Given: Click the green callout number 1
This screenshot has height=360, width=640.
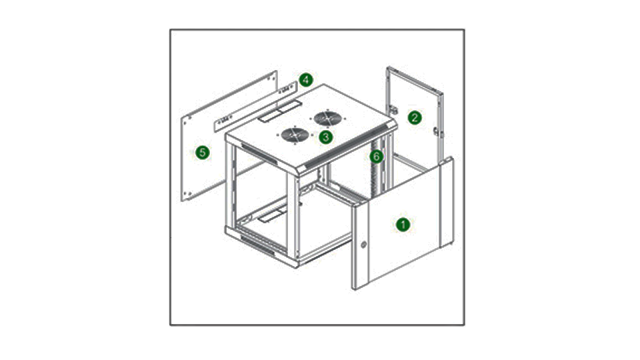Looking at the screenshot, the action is click(403, 224).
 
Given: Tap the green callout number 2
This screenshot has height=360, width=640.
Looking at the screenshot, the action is click(415, 118).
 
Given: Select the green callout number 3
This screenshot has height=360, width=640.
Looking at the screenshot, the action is click(326, 137).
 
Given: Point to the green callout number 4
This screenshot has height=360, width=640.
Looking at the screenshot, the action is click(306, 79).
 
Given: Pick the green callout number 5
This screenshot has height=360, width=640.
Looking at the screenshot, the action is click(203, 153).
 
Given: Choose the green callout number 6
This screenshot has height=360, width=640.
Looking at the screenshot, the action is click(376, 156).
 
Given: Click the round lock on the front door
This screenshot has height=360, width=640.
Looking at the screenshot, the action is click(363, 245).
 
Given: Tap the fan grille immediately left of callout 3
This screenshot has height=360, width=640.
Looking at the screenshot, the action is click(295, 135).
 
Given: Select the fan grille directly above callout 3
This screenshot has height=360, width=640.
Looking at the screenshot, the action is click(328, 119).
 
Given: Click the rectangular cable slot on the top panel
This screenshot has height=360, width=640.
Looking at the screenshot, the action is click(280, 111).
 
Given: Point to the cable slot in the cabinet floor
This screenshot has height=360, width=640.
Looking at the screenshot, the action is click(272, 214).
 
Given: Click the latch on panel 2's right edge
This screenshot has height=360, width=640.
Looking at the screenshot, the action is click(436, 132).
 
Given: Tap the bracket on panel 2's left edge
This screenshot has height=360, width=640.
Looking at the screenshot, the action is click(393, 109).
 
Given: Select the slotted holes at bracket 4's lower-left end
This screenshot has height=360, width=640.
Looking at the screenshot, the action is click(225, 120).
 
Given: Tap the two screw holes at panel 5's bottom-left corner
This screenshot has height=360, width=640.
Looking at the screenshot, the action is click(187, 193).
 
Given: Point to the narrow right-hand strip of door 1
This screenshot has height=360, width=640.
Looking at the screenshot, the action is click(447, 203).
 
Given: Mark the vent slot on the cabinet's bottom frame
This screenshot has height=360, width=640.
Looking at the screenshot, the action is click(257, 243).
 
